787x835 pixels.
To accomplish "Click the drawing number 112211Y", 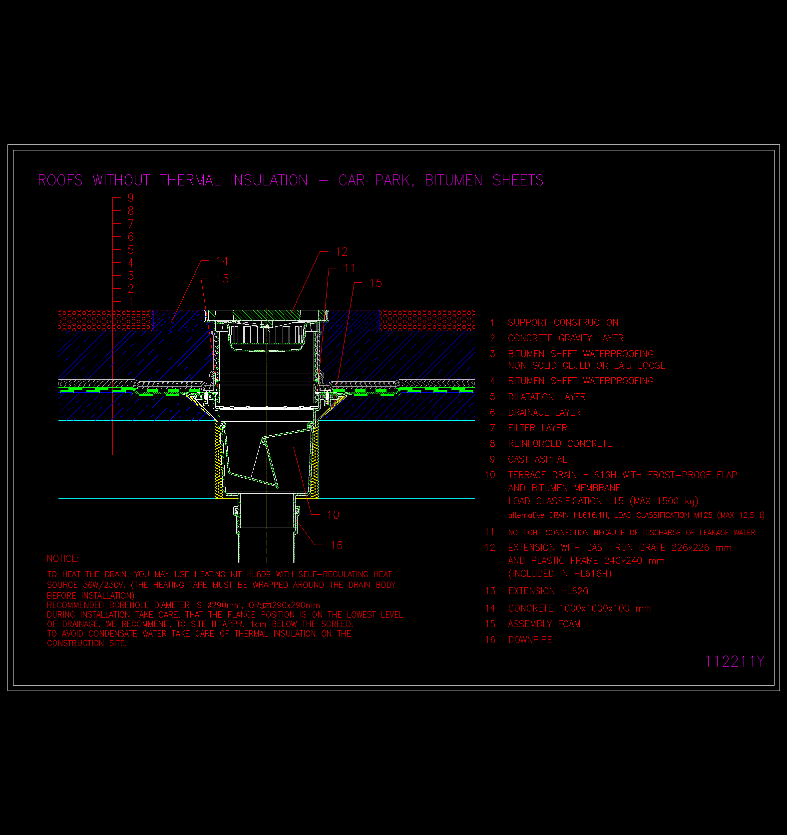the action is pos(734,662).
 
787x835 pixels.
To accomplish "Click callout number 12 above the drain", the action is pos(342,252).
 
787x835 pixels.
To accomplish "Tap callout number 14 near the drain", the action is pos(222,261).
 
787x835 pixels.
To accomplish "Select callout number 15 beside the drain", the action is pos(376,283).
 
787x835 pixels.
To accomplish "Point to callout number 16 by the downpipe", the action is pos(337,546).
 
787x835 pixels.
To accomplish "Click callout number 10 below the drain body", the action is pos(333,515).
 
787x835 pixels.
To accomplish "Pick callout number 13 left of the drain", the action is pos(222,279).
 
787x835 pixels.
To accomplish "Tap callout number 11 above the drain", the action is pos(350,269).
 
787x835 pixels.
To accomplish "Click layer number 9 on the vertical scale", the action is pos(131,197).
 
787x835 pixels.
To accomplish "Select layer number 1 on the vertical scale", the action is pos(131,302).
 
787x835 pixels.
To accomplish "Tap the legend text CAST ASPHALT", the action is pos(540,459).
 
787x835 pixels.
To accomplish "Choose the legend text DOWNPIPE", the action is pos(530,640).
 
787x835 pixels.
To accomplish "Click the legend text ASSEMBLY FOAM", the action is pos(544,624).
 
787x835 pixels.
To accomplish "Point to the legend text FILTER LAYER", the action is pos(538,428).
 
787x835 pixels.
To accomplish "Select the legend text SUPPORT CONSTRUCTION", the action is pos(563,323).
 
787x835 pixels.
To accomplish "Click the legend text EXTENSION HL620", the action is pos(548,591).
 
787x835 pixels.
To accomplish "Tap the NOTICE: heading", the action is pos(63,559).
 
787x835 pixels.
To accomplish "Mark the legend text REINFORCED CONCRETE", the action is pos(560,444).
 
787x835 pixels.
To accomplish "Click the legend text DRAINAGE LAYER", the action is pos(544,413).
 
